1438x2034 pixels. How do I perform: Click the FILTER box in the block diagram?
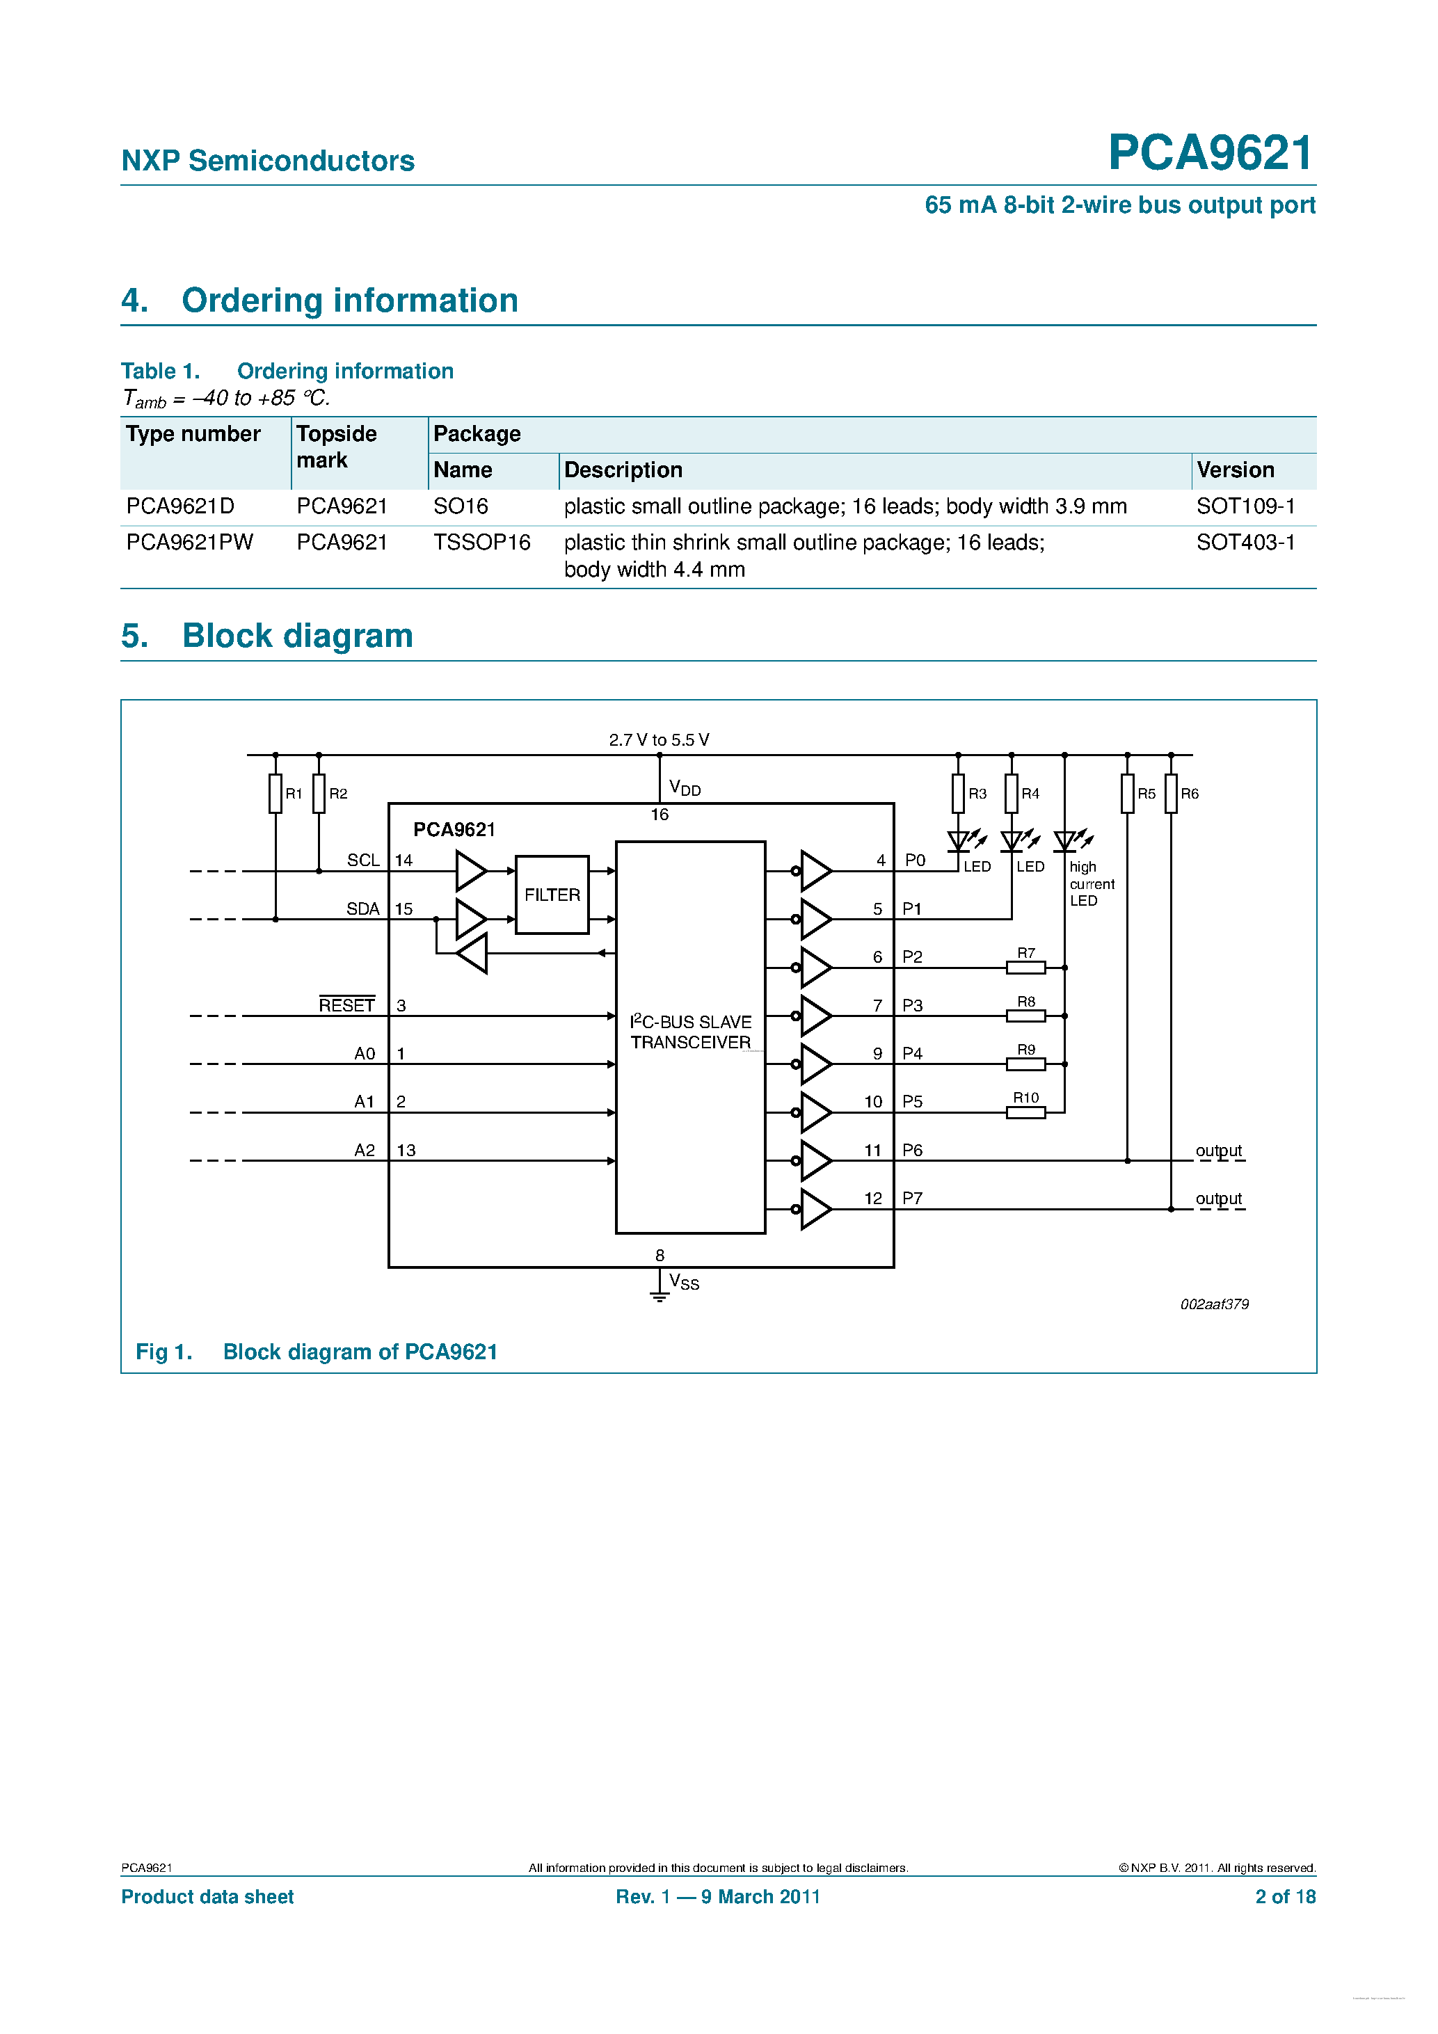551,895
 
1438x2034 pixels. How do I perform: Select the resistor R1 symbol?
275,793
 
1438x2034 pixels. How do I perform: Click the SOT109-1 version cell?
1245,506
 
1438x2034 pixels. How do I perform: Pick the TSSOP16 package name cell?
481,542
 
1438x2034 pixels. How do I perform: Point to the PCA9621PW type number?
190,542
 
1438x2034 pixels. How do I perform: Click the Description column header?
623,470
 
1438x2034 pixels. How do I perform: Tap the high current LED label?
1091,883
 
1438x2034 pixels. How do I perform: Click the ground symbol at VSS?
660,1296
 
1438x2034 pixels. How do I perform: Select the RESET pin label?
346,1005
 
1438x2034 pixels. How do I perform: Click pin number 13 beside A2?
406,1150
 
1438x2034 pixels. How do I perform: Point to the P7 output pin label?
912,1199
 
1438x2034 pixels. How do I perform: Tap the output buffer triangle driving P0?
815,871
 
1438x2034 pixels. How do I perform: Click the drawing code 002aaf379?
1214,1304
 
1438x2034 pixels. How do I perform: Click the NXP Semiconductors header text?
268,161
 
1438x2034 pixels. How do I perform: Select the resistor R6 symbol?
1170,793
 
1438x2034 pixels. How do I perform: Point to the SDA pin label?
362,909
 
